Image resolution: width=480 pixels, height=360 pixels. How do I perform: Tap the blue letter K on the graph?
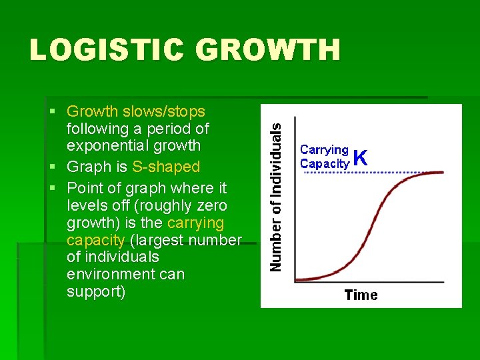[360, 157]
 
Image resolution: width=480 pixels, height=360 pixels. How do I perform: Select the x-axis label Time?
[361, 295]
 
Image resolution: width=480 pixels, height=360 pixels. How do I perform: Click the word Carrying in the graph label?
[324, 151]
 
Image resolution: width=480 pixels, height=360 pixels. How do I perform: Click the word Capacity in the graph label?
[325, 163]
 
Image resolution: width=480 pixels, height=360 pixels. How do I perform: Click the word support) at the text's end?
[95, 292]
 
